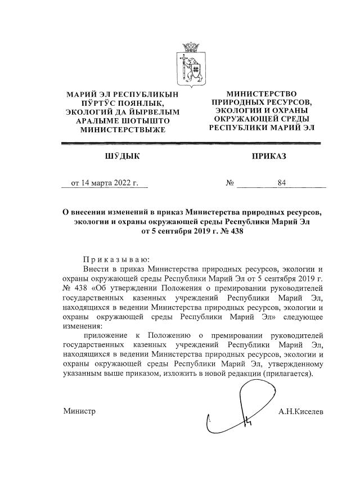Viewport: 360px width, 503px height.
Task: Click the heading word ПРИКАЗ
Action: pos(269,156)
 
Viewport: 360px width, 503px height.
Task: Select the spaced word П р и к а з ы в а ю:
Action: pos(116,260)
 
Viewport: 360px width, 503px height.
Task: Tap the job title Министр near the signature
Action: pos(79,411)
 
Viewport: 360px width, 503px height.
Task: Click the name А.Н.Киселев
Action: pos(301,411)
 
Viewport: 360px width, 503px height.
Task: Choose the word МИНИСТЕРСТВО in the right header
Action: pos(262,93)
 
